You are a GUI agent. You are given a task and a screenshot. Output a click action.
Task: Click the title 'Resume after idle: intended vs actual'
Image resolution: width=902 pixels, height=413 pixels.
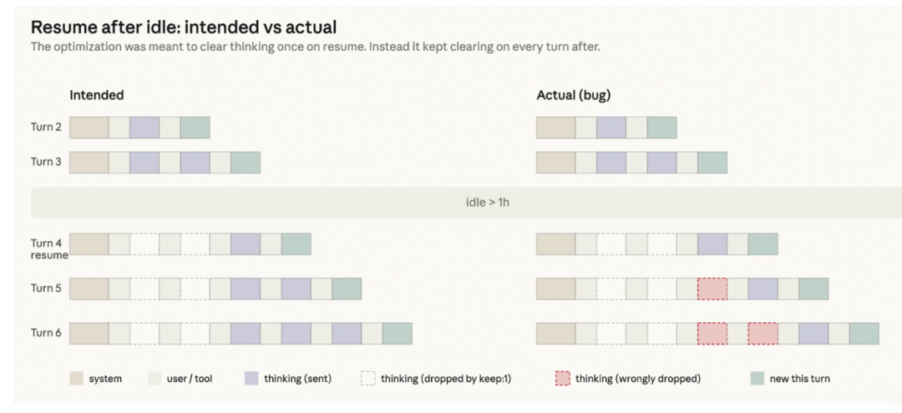(184, 27)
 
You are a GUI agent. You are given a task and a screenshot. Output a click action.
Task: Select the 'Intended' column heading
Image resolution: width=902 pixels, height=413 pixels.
(97, 95)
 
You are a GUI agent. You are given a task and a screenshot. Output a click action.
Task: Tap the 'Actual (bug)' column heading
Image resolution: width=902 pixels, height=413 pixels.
(574, 96)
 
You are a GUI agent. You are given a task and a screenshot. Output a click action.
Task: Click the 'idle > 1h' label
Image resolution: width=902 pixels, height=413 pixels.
(487, 203)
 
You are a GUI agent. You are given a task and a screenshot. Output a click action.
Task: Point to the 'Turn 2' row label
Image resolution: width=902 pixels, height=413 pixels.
(46, 128)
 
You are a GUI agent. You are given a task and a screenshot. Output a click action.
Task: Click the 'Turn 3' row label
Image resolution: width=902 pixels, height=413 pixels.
(46, 162)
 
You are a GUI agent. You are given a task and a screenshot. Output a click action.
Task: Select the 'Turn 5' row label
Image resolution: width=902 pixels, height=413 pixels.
(46, 289)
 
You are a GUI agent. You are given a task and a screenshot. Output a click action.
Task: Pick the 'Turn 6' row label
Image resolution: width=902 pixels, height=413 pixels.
(46, 333)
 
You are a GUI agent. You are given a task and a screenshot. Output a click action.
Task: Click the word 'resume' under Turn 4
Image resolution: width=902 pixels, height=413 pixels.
(49, 255)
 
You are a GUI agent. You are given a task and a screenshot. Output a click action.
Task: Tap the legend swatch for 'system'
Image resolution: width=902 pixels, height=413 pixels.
(77, 379)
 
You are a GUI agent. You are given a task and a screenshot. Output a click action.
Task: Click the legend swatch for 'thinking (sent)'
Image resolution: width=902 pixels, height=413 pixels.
(252, 379)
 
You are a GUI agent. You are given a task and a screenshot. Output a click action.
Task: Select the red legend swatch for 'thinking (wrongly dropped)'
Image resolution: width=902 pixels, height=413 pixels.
(563, 379)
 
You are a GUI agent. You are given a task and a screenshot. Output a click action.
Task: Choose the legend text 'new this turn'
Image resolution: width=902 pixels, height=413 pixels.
(799, 379)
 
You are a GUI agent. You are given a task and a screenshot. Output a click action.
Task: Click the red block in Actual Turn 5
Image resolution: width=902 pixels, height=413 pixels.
(712, 289)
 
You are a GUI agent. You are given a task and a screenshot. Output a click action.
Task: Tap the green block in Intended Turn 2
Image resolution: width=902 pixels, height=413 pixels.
(195, 128)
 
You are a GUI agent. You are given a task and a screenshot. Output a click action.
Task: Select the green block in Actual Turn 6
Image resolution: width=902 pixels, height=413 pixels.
(864, 334)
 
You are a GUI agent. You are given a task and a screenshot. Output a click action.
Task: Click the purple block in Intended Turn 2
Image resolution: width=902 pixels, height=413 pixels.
(144, 128)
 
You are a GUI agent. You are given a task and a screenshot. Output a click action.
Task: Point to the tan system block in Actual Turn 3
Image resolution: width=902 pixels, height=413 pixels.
(555, 163)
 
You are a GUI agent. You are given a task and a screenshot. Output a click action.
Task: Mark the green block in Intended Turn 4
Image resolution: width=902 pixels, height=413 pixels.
(296, 244)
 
